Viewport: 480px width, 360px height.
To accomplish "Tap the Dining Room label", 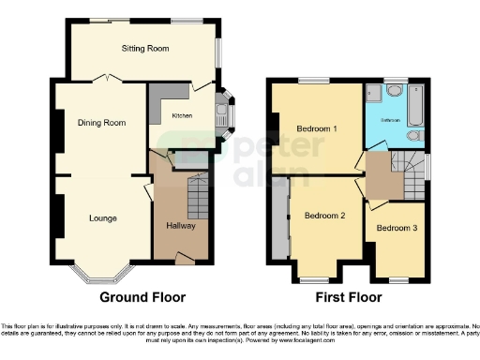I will pyautogui.click(x=100, y=123).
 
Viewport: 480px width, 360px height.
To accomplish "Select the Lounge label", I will pyautogui.click(x=102, y=218).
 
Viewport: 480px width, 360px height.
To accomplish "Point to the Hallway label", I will pyautogui.click(x=179, y=226).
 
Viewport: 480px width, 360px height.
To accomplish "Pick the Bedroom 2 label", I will pyautogui.click(x=324, y=216).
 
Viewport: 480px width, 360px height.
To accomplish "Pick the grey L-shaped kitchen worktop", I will pyautogui.click(x=158, y=97).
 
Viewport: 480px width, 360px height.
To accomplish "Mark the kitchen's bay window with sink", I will pyautogui.click(x=225, y=111).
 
